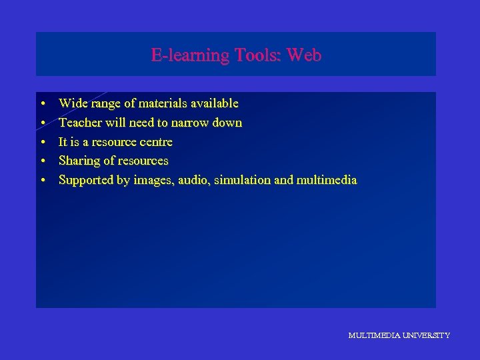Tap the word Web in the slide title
(306, 55)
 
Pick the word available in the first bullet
(214, 103)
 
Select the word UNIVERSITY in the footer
(425, 335)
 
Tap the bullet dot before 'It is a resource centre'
(42, 143)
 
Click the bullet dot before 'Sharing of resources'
(42, 161)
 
